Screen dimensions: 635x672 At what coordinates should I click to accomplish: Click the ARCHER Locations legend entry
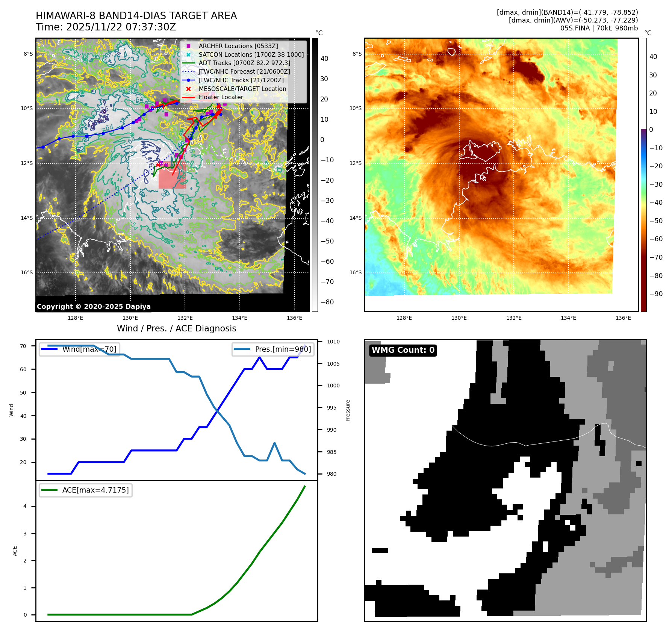(238, 46)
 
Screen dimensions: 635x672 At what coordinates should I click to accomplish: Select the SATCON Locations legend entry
(251, 54)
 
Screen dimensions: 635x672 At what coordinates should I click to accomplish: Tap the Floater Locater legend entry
(221, 97)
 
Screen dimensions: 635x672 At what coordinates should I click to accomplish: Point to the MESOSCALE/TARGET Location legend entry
(242, 89)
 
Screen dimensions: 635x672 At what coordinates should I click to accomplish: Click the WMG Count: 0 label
(403, 350)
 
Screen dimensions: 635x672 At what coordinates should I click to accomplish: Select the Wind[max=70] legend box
(79, 349)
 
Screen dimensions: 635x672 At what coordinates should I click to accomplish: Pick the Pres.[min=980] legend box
(273, 349)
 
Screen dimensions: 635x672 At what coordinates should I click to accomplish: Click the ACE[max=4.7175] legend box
(86, 490)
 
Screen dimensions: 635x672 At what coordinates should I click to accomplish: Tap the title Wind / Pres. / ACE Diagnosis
(177, 328)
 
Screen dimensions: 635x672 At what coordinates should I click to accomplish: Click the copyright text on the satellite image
(94, 307)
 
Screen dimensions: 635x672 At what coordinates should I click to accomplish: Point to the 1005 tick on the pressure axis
(333, 364)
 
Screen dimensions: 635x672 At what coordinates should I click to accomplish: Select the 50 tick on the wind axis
(23, 393)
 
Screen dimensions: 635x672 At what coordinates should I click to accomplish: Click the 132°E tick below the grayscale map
(185, 318)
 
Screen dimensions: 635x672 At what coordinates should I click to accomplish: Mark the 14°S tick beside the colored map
(356, 218)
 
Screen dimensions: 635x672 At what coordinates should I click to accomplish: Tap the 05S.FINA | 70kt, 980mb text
(599, 28)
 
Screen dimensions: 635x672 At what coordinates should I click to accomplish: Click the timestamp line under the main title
(106, 27)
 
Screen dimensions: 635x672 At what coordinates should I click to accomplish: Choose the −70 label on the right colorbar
(656, 257)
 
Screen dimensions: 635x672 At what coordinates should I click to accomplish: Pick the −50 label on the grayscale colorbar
(327, 241)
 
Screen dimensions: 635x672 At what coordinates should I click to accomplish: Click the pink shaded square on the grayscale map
(172, 176)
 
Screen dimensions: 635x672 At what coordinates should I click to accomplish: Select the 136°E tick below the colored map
(623, 318)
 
